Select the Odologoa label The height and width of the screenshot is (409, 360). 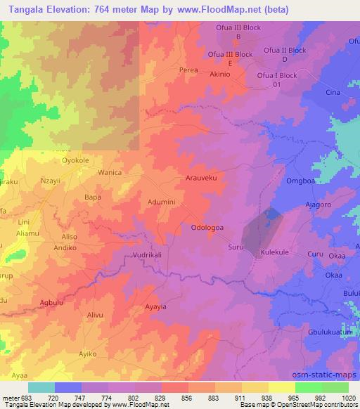[x=209, y=228]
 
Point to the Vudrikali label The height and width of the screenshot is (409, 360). [x=147, y=255]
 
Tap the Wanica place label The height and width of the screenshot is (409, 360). [x=110, y=172]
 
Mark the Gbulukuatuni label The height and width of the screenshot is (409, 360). [x=330, y=331]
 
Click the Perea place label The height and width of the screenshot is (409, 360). [x=188, y=70]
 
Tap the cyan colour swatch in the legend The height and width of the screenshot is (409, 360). [x=41, y=387]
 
